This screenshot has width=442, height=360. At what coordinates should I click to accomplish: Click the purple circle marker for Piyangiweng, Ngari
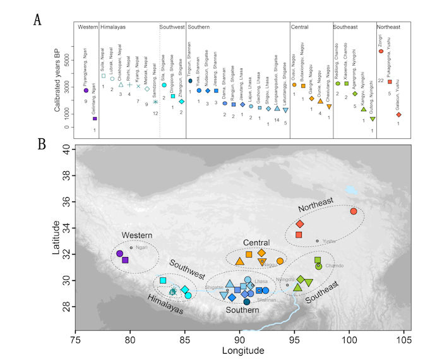(x=86, y=90)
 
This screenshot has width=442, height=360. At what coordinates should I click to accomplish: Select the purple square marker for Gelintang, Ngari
(x=95, y=118)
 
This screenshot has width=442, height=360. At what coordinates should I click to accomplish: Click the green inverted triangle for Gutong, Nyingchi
(x=373, y=119)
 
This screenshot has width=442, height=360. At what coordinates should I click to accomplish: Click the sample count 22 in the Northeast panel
(x=382, y=80)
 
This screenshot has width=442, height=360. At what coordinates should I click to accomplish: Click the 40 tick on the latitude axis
(x=66, y=150)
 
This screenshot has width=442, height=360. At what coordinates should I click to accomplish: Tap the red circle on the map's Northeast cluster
(x=354, y=211)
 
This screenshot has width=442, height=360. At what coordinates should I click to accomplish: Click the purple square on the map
(x=126, y=260)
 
